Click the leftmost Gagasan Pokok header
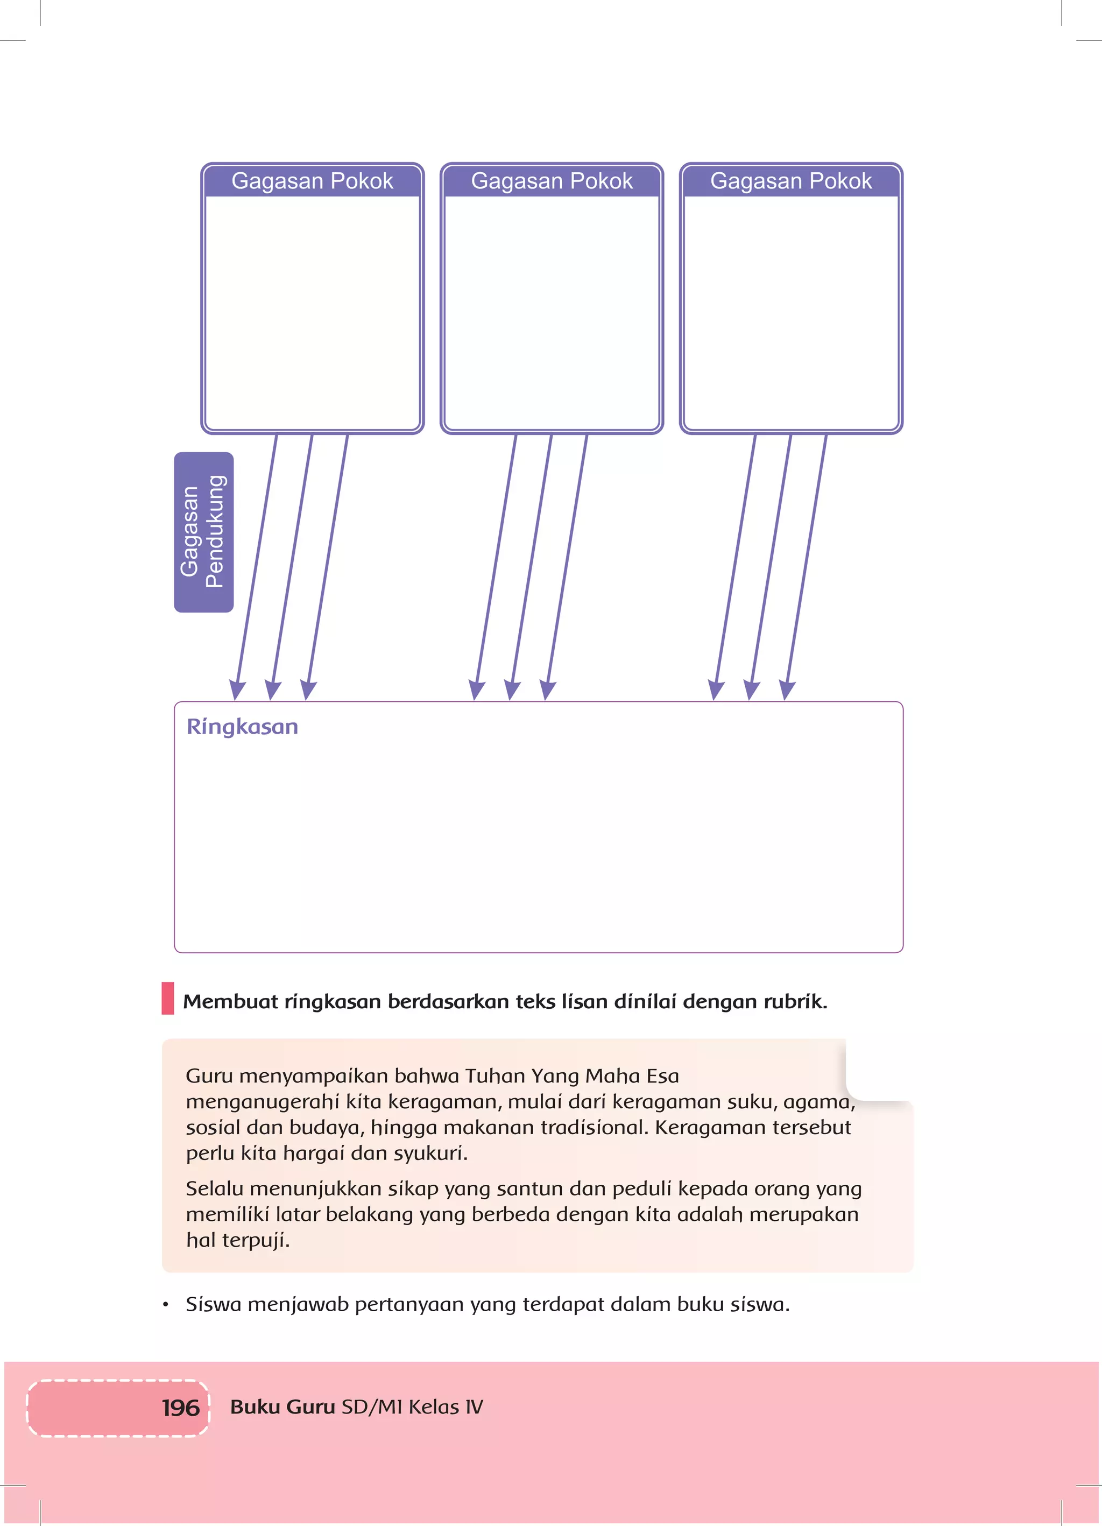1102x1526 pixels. point(312,181)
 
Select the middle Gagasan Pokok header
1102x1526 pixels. point(551,181)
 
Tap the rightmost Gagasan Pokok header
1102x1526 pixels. point(790,181)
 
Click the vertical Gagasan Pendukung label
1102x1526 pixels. point(203,532)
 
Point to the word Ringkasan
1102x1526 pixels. point(242,727)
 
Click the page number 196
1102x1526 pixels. point(180,1408)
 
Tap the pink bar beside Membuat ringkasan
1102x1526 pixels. point(167,998)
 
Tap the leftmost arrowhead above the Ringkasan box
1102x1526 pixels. point(237,690)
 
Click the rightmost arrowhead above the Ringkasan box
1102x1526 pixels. point(787,690)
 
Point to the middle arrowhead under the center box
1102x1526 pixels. point(512,690)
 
